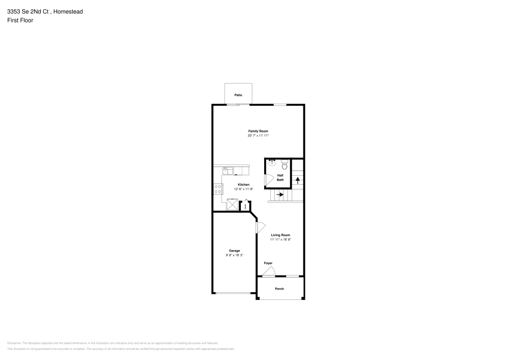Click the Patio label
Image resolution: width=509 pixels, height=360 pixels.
(238, 95)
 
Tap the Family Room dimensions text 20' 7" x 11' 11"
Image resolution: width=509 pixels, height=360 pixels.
(258, 135)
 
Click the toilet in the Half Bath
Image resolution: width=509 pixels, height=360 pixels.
(285, 165)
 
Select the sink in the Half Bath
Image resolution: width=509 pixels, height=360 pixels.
(272, 163)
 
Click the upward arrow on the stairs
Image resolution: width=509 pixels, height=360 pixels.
(298, 180)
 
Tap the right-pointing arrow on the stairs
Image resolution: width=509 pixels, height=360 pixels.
(279, 195)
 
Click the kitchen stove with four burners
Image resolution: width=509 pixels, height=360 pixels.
(218, 189)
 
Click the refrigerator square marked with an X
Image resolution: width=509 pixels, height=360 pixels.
(232, 205)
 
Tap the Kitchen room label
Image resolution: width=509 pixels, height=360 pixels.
(244, 184)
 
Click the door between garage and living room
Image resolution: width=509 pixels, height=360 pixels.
(260, 227)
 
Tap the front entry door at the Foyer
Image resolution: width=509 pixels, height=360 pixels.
(269, 272)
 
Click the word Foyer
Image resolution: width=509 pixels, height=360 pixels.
(268, 263)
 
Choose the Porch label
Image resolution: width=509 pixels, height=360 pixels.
(279, 289)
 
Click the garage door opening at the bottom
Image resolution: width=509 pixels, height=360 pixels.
(235, 293)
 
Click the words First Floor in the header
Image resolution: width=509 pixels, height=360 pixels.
(20, 20)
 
